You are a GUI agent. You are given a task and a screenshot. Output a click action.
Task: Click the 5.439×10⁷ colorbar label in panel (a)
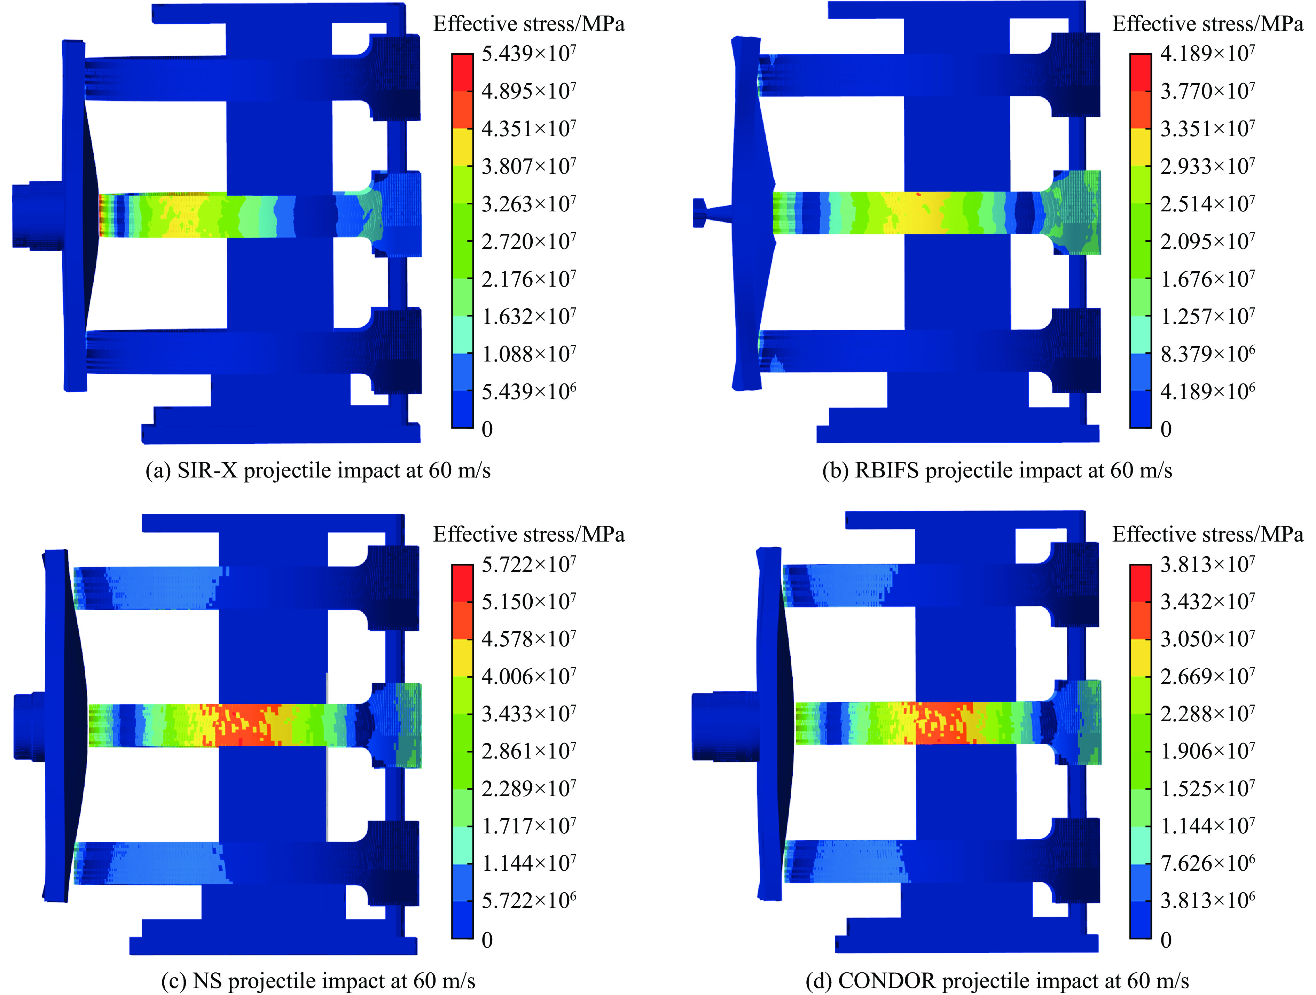click(x=528, y=54)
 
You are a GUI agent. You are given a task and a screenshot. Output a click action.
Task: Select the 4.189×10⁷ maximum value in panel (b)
click(x=1207, y=54)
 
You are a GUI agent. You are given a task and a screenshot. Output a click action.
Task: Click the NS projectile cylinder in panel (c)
click(x=30, y=726)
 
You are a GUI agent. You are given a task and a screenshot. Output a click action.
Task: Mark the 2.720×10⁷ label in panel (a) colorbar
click(x=528, y=242)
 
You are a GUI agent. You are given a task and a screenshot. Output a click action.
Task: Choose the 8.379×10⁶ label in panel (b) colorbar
click(x=1207, y=355)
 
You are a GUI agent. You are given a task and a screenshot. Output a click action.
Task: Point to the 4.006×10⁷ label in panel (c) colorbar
click(x=528, y=677)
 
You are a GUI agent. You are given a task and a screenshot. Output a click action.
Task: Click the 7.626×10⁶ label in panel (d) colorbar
click(x=1207, y=863)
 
